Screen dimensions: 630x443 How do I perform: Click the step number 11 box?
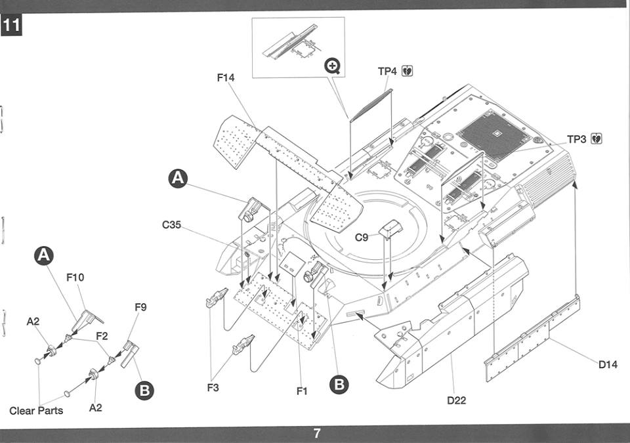pyautogui.click(x=11, y=26)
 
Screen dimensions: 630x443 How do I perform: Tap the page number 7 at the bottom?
pyautogui.click(x=316, y=433)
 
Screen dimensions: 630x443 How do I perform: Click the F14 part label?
pyautogui.click(x=225, y=77)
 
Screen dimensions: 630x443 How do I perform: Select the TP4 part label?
pyautogui.click(x=387, y=71)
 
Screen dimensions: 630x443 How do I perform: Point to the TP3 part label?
pyautogui.click(x=577, y=139)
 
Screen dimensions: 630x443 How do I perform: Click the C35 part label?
pyautogui.click(x=171, y=224)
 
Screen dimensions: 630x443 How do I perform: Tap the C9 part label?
pyautogui.click(x=361, y=238)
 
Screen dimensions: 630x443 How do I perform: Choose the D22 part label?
pyautogui.click(x=457, y=400)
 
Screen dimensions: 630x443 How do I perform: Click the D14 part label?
pyautogui.click(x=608, y=365)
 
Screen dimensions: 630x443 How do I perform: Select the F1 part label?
pyautogui.click(x=302, y=390)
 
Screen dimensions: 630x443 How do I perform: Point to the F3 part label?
pyautogui.click(x=213, y=387)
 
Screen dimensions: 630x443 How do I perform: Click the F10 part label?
pyautogui.click(x=75, y=278)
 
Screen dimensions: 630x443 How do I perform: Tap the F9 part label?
pyautogui.click(x=140, y=307)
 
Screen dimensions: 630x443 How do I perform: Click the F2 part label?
pyautogui.click(x=102, y=335)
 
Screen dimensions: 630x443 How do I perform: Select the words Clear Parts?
pyautogui.click(x=36, y=410)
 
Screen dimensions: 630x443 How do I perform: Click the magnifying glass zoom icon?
pyautogui.click(x=333, y=66)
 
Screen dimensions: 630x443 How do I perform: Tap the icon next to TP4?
pyautogui.click(x=408, y=71)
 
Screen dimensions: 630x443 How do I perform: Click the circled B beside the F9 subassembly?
pyautogui.click(x=144, y=390)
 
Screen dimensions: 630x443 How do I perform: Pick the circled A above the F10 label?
pyautogui.click(x=44, y=256)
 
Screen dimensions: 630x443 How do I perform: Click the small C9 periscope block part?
pyautogui.click(x=390, y=228)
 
